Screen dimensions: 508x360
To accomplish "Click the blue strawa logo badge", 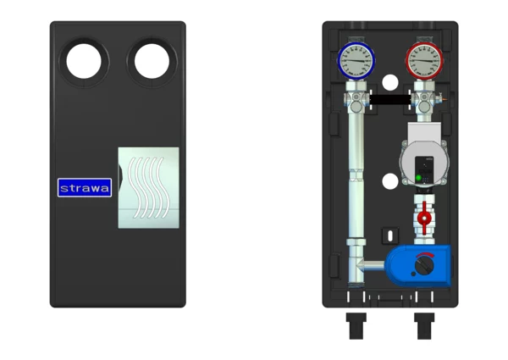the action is (85, 187).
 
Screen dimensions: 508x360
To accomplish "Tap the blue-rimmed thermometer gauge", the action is (356, 61).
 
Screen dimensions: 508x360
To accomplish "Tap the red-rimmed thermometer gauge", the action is (424, 61).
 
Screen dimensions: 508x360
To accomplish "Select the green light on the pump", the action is (418, 178).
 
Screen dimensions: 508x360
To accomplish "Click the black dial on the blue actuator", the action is (424, 266).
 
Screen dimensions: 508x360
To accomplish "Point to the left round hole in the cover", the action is (84, 61).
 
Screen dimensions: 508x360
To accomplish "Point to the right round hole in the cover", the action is (152, 61).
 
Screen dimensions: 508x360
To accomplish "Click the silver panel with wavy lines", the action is (148, 187).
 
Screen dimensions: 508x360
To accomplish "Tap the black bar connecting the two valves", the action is (390, 99).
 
